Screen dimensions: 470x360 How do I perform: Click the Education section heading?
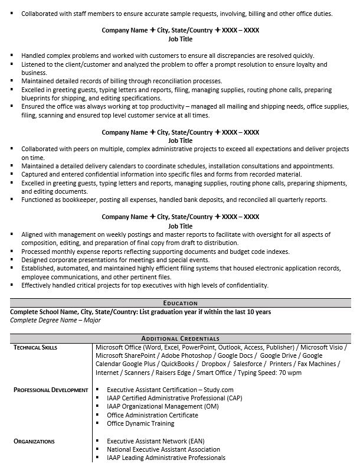point(180,303)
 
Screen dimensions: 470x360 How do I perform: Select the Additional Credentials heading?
point(180,338)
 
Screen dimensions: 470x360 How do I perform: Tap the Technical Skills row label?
point(35,348)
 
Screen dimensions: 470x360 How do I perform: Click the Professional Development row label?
point(51,390)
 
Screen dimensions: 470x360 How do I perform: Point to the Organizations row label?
point(34,441)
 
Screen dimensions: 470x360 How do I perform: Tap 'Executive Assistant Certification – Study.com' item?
point(170,390)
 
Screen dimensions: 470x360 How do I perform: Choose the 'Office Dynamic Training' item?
point(140,423)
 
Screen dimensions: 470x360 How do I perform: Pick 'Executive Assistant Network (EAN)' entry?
point(156,441)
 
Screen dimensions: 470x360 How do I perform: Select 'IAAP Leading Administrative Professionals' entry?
point(166,458)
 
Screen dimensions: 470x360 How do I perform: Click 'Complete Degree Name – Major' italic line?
point(55,320)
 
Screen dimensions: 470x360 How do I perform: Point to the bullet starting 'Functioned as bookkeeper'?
point(174,200)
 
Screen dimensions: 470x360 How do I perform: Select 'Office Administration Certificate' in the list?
point(152,415)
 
